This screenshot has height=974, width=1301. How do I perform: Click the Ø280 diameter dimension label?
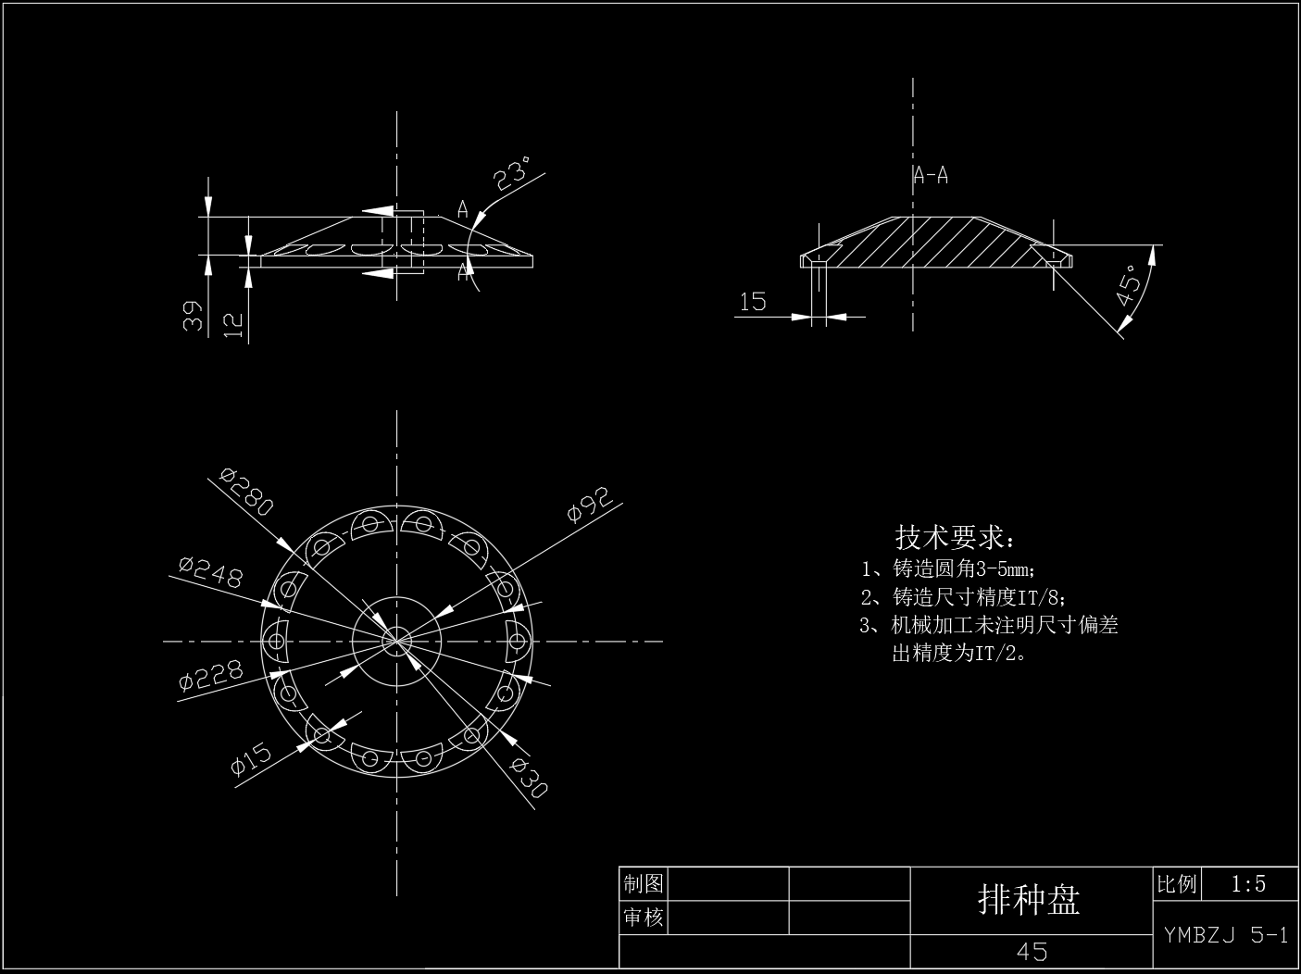pyautogui.click(x=247, y=492)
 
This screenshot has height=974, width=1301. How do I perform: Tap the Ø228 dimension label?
pyautogui.click(x=211, y=676)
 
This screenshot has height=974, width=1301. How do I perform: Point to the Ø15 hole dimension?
pyautogui.click(x=251, y=758)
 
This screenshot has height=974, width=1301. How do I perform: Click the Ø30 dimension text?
pyautogui.click(x=529, y=777)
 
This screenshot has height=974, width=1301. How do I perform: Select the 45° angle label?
pyautogui.click(x=1130, y=286)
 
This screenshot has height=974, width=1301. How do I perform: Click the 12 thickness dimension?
pyautogui.click(x=233, y=323)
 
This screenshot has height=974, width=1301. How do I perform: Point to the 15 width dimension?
pyautogui.click(x=753, y=301)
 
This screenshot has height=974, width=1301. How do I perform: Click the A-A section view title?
pyautogui.click(x=931, y=175)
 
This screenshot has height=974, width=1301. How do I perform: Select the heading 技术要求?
pyautogui.click(x=954, y=537)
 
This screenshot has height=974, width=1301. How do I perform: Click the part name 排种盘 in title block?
pyautogui.click(x=1030, y=899)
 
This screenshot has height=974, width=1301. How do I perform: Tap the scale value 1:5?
pyautogui.click(x=1248, y=884)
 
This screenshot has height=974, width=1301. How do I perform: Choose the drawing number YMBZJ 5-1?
pyautogui.click(x=1226, y=935)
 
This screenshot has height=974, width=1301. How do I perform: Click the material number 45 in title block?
pyautogui.click(x=1032, y=952)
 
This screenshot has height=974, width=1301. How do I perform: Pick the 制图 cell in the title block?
pyautogui.click(x=644, y=883)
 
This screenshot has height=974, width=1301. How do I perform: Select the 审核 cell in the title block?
pyautogui.click(x=644, y=918)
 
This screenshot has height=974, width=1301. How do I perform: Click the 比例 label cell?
pyautogui.click(x=1177, y=884)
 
